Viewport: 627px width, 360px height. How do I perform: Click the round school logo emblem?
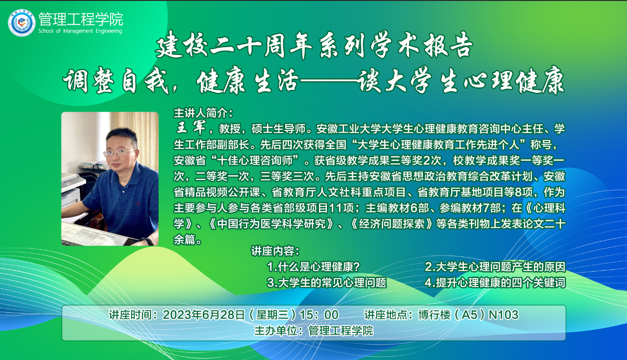(22, 23)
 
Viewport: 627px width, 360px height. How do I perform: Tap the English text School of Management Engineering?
(80, 31)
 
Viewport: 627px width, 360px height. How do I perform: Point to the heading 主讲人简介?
(203, 113)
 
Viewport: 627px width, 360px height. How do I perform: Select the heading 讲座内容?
(275, 251)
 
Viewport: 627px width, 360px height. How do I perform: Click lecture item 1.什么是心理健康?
(313, 267)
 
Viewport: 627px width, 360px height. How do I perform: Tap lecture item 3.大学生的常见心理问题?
(327, 283)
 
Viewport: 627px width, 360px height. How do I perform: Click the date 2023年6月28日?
(204, 314)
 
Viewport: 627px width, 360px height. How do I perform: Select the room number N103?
(504, 314)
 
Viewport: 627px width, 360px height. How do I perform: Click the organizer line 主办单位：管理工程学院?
(314, 330)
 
